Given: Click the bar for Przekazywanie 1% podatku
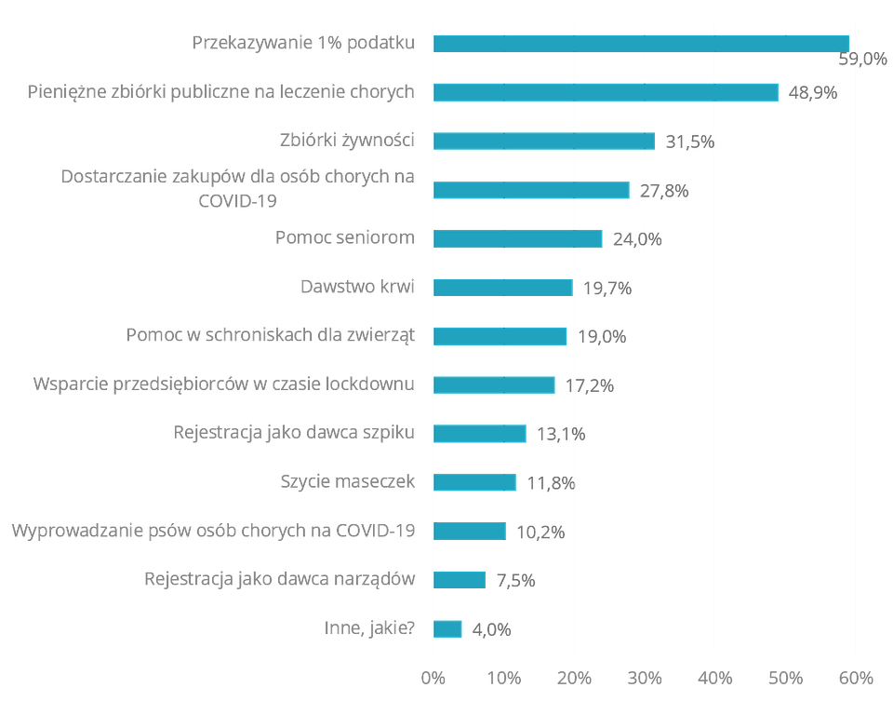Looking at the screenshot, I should point(642,44).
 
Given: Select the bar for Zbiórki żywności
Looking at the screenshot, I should point(544,141).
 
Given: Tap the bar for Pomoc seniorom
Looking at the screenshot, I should point(518,238).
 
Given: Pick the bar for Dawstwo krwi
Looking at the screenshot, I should point(503,288).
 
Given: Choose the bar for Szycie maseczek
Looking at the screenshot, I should point(475,482).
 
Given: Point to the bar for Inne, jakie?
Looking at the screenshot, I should point(448,628).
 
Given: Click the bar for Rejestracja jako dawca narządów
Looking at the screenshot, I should point(460,580).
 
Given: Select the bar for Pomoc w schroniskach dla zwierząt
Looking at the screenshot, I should point(500,336).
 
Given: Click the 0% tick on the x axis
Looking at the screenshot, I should point(433,676).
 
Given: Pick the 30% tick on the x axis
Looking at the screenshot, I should point(645,676).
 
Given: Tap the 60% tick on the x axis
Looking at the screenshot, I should point(856,676).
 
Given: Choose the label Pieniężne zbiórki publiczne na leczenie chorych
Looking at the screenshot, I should point(220,93).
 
